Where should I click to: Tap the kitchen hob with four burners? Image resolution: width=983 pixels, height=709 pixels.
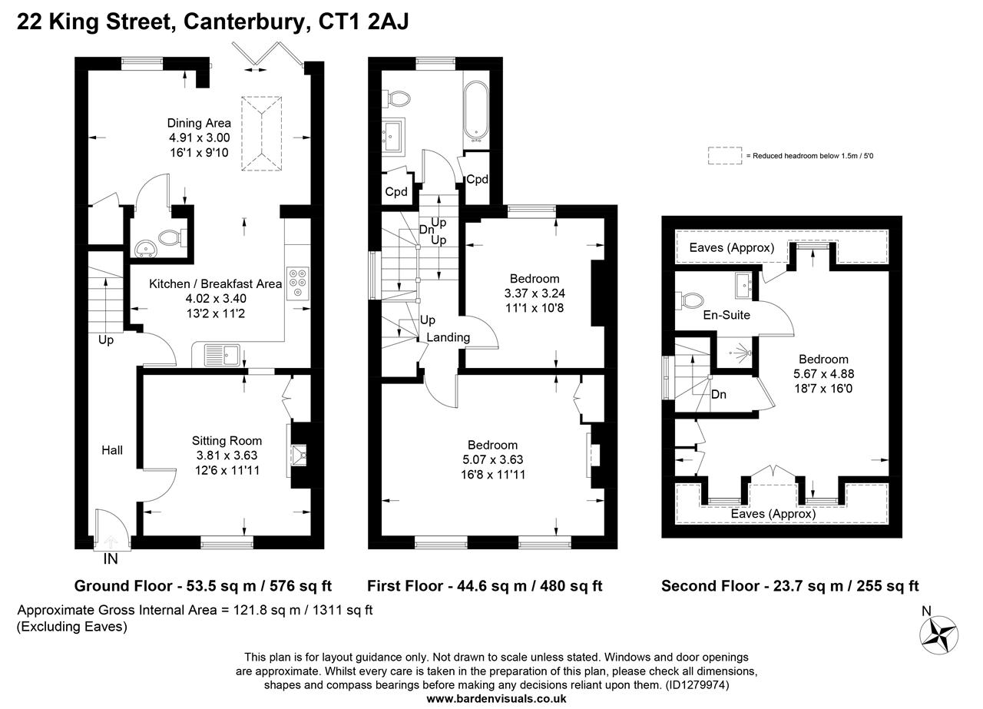coord(297,283)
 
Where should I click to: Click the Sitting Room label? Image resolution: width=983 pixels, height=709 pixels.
coord(227,441)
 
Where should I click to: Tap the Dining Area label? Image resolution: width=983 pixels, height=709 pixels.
coord(200,123)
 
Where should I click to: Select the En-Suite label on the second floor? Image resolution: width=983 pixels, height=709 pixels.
coord(726,315)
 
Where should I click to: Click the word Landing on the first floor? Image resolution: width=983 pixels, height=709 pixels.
coord(448,337)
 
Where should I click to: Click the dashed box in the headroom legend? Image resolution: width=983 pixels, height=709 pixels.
coord(724,156)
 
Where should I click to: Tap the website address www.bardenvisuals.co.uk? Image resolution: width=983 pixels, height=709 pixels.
coord(496,698)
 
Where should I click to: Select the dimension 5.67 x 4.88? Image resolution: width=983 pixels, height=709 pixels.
coord(823,374)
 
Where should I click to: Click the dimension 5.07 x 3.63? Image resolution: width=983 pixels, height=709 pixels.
coord(492,459)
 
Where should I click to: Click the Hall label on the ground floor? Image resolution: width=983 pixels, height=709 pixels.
coord(112,450)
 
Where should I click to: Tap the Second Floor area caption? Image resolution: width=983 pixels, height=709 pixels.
coord(789,586)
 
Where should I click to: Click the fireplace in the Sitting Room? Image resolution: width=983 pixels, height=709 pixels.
coord(299,455)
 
